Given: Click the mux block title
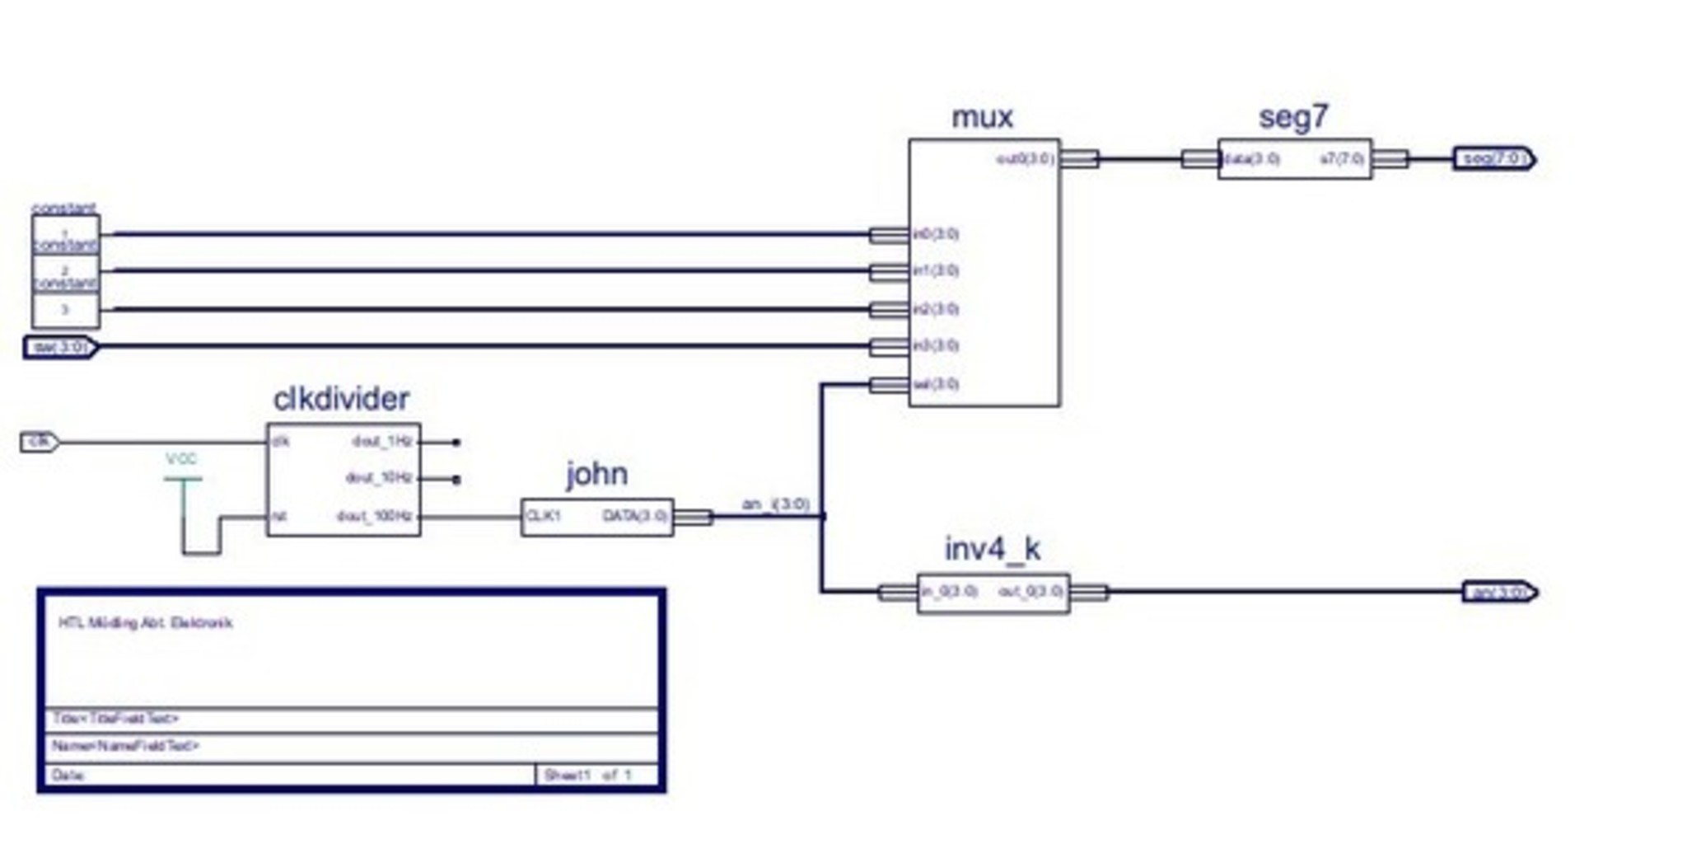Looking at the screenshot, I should (x=982, y=118).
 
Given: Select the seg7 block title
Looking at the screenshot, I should (x=1293, y=118).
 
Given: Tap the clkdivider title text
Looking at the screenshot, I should (x=341, y=399).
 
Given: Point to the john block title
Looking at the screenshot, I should (x=596, y=475).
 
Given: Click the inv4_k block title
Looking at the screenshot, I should (x=992, y=549).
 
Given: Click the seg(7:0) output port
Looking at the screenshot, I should (x=1493, y=158).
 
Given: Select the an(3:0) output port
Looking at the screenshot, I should (x=1499, y=592).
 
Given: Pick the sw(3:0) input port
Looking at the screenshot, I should (x=60, y=347).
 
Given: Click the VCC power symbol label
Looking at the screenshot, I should (x=181, y=459).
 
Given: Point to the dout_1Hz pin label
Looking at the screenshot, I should (x=381, y=442).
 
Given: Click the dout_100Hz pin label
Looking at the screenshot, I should (x=374, y=517).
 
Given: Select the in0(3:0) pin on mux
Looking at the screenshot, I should (x=936, y=234).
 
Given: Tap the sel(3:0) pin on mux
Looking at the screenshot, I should (x=936, y=384).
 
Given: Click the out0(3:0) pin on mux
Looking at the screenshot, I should (x=1025, y=158).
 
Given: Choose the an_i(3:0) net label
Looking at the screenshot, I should (x=775, y=504).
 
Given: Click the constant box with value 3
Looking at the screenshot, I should (x=65, y=310).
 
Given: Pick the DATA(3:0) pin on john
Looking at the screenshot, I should (x=634, y=517).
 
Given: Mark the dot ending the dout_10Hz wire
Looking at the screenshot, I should (x=456, y=479).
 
